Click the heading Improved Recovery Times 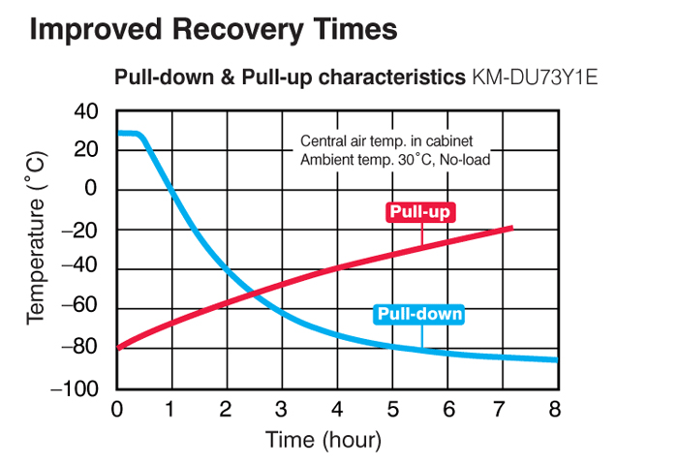pos(213,29)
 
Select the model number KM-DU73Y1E pos(534,77)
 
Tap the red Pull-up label pos(420,212)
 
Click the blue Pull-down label pos(418,314)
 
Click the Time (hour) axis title pos(324,439)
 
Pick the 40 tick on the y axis pos(87,111)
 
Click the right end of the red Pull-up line pos(510,228)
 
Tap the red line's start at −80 pos(118,347)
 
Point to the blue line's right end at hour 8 pos(556,360)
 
